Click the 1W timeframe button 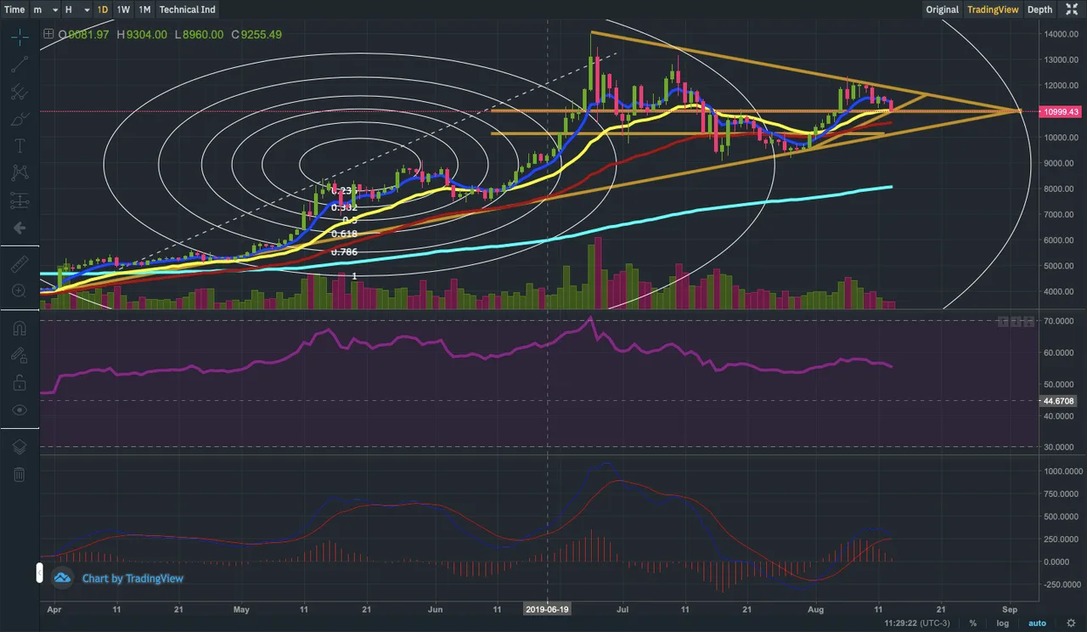coord(123,9)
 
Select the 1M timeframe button coord(144,9)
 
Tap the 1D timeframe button coord(102,9)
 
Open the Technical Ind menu coord(187,9)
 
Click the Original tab coord(942,9)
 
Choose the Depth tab coord(1039,9)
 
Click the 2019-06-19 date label coord(547,609)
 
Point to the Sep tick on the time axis coord(1010,609)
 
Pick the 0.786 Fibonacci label coord(344,252)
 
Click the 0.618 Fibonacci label coord(344,234)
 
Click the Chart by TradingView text coord(132,578)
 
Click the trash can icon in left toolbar coord(19,474)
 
